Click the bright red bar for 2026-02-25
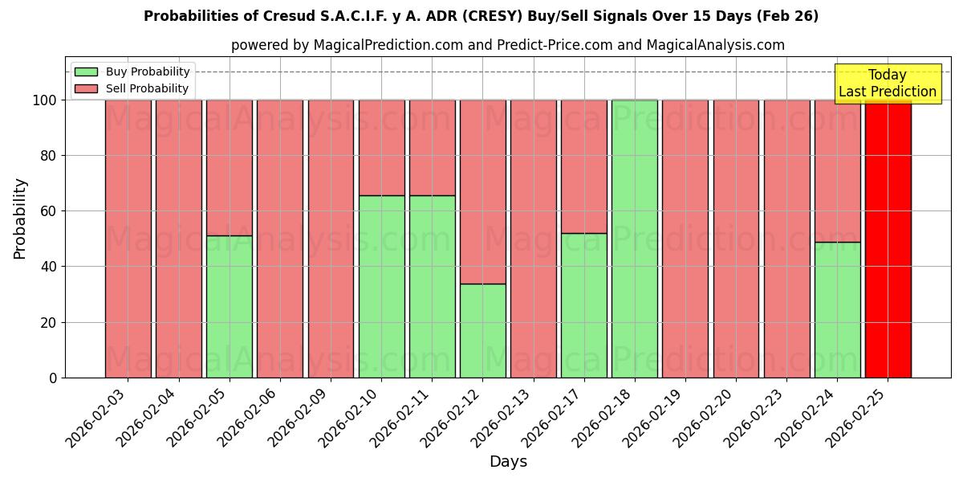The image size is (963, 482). pyautogui.click(x=888, y=239)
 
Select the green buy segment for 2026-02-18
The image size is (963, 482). pyautogui.click(x=635, y=239)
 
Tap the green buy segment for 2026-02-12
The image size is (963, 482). pyautogui.click(x=482, y=330)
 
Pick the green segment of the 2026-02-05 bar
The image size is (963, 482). pyautogui.click(x=230, y=306)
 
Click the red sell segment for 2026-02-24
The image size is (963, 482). pyautogui.click(x=837, y=170)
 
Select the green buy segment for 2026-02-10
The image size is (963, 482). pyautogui.click(x=381, y=286)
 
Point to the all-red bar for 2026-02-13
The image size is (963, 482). pyautogui.click(x=533, y=239)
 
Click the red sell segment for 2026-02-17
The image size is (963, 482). pyautogui.click(x=584, y=166)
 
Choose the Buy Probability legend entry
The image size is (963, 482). pyautogui.click(x=132, y=71)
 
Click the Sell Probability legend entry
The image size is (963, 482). pyautogui.click(x=132, y=88)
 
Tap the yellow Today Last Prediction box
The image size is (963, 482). pyautogui.click(x=887, y=84)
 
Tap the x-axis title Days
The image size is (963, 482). pyautogui.click(x=508, y=462)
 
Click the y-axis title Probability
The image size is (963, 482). pyautogui.click(x=20, y=218)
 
